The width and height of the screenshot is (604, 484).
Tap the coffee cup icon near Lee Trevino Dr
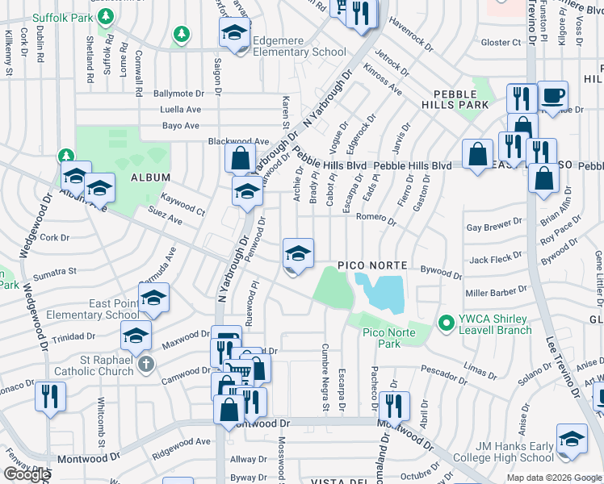click(552, 96)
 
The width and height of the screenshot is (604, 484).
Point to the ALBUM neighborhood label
click(151, 177)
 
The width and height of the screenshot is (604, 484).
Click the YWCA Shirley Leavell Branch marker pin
click(443, 322)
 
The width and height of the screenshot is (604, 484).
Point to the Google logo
click(27, 475)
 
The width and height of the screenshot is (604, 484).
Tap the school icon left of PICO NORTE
click(298, 254)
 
